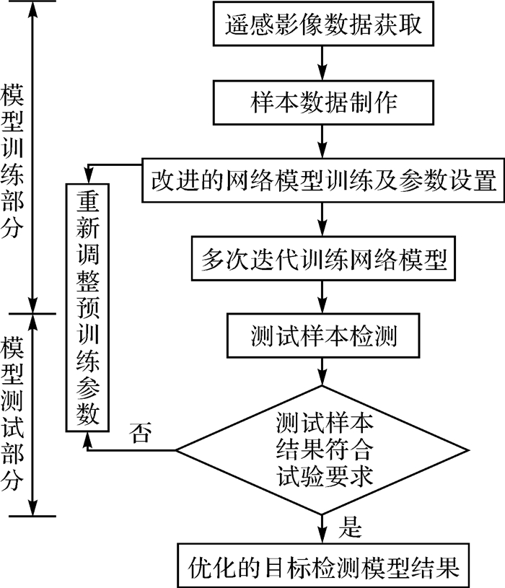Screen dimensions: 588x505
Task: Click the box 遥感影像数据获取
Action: [x=322, y=25]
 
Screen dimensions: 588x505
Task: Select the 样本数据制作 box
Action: [x=322, y=102]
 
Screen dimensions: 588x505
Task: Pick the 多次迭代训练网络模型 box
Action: [x=322, y=256]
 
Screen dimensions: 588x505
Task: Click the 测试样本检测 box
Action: [x=322, y=335]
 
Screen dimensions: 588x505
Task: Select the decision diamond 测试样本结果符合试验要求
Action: [x=322, y=449]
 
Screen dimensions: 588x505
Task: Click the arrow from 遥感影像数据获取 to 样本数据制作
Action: [x=322, y=63]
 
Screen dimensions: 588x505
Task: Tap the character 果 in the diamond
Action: [x=302, y=449]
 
